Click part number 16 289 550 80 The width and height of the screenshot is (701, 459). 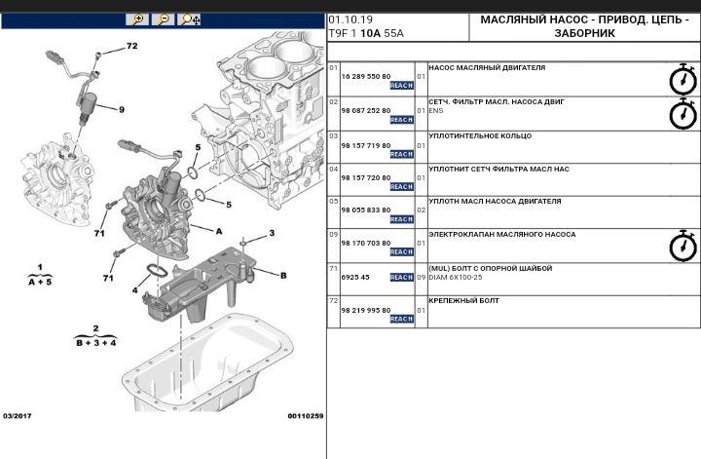(x=365, y=75)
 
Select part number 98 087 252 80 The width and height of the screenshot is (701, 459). (x=365, y=110)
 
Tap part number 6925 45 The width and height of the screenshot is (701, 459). (x=355, y=277)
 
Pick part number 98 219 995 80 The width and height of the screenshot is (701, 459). (x=365, y=310)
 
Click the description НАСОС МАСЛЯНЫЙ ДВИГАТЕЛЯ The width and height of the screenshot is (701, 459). (x=487, y=68)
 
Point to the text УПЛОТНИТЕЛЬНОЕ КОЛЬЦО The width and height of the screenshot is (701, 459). (x=480, y=135)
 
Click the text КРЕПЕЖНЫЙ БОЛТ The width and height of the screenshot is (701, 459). (x=463, y=301)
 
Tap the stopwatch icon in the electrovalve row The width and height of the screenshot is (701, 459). (x=683, y=247)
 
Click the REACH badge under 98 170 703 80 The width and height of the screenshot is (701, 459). (x=402, y=251)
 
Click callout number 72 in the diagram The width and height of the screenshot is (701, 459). (x=131, y=46)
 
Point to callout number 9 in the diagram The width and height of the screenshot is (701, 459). (x=122, y=109)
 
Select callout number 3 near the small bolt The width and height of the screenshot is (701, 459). (x=272, y=233)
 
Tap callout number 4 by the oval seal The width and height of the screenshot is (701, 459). (x=135, y=289)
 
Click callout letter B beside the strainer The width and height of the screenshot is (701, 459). (x=283, y=276)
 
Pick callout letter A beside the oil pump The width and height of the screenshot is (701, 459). (x=218, y=231)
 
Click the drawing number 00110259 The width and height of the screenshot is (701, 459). (x=305, y=416)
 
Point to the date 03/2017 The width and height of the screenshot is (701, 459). (x=18, y=416)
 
